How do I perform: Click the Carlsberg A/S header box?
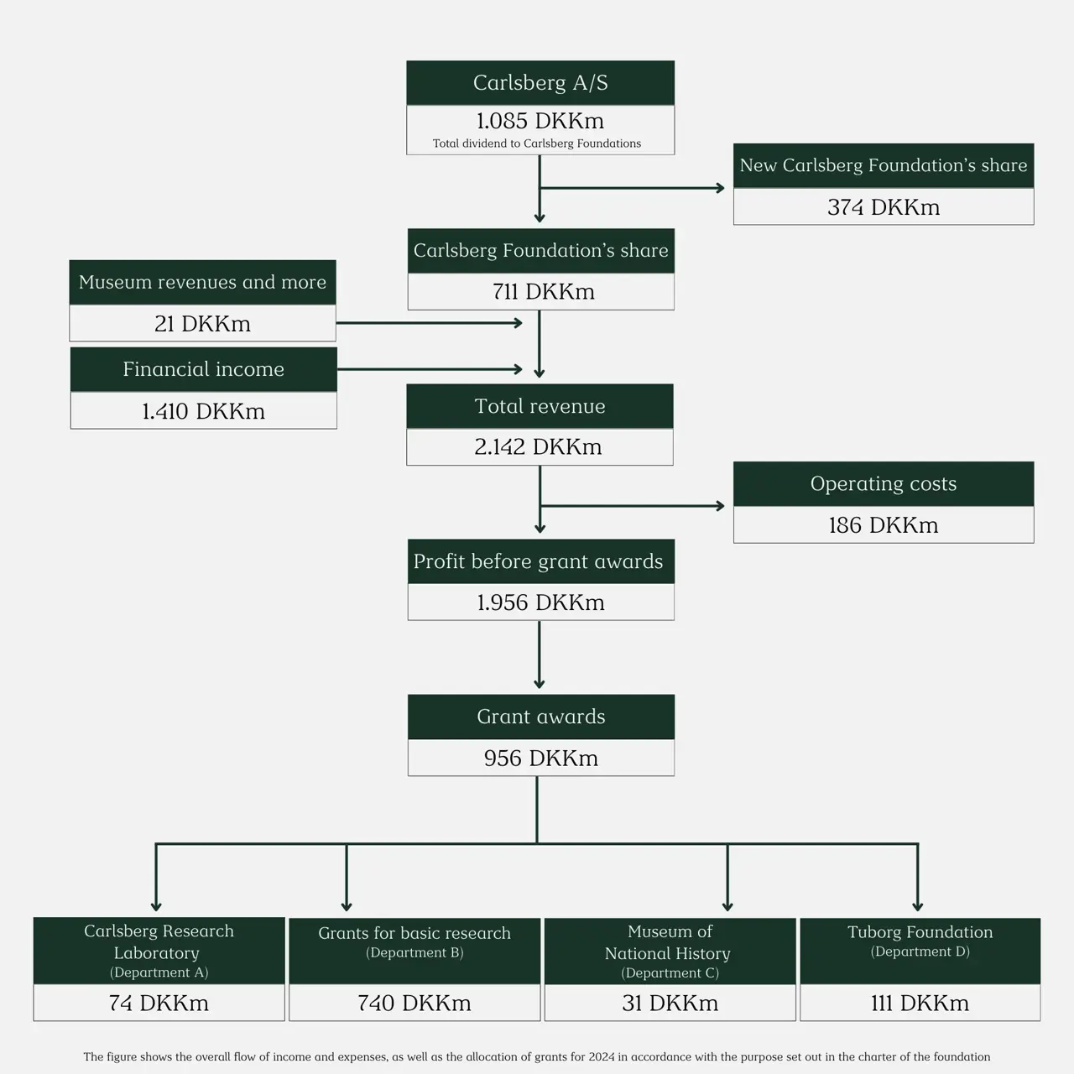[540, 82]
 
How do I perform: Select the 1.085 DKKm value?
[540, 121]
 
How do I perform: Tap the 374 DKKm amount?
[884, 207]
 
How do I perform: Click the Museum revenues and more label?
[202, 282]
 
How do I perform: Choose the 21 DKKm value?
[202, 324]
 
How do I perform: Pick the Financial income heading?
[203, 369]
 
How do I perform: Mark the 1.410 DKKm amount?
[203, 411]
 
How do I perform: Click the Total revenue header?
[540, 406]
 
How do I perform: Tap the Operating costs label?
[884, 483]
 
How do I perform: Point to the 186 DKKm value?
[884, 525]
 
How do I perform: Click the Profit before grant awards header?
[539, 561]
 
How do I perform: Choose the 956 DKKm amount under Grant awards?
[541, 759]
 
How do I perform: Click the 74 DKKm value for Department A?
[159, 1004]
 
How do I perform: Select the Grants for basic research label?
[414, 933]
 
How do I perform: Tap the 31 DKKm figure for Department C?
[670, 1004]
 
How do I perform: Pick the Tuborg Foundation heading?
[920, 932]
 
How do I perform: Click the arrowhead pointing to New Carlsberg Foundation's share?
[720, 188]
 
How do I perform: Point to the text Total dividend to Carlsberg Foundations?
[537, 143]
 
